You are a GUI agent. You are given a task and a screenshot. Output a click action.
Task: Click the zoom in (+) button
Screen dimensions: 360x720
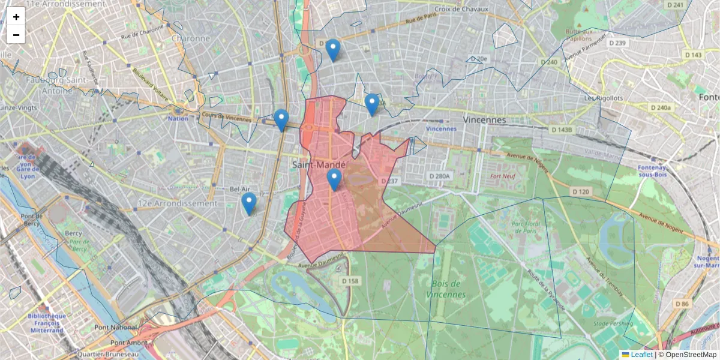[x=16, y=17]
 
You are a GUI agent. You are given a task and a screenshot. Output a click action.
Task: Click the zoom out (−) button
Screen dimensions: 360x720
[x=16, y=35]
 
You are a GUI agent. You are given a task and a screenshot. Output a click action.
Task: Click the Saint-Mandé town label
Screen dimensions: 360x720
[x=319, y=164]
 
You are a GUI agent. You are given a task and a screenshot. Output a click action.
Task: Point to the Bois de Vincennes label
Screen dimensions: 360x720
[x=445, y=289]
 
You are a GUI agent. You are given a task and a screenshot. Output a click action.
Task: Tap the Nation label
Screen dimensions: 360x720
[x=178, y=118]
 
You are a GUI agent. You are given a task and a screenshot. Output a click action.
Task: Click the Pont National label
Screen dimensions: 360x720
[x=116, y=328]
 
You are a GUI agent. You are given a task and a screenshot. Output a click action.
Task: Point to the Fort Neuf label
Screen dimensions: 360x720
[x=503, y=176]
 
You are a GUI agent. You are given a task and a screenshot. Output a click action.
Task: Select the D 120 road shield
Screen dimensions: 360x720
[x=581, y=191]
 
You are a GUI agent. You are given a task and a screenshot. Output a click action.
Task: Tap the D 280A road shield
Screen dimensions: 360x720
[x=439, y=176]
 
